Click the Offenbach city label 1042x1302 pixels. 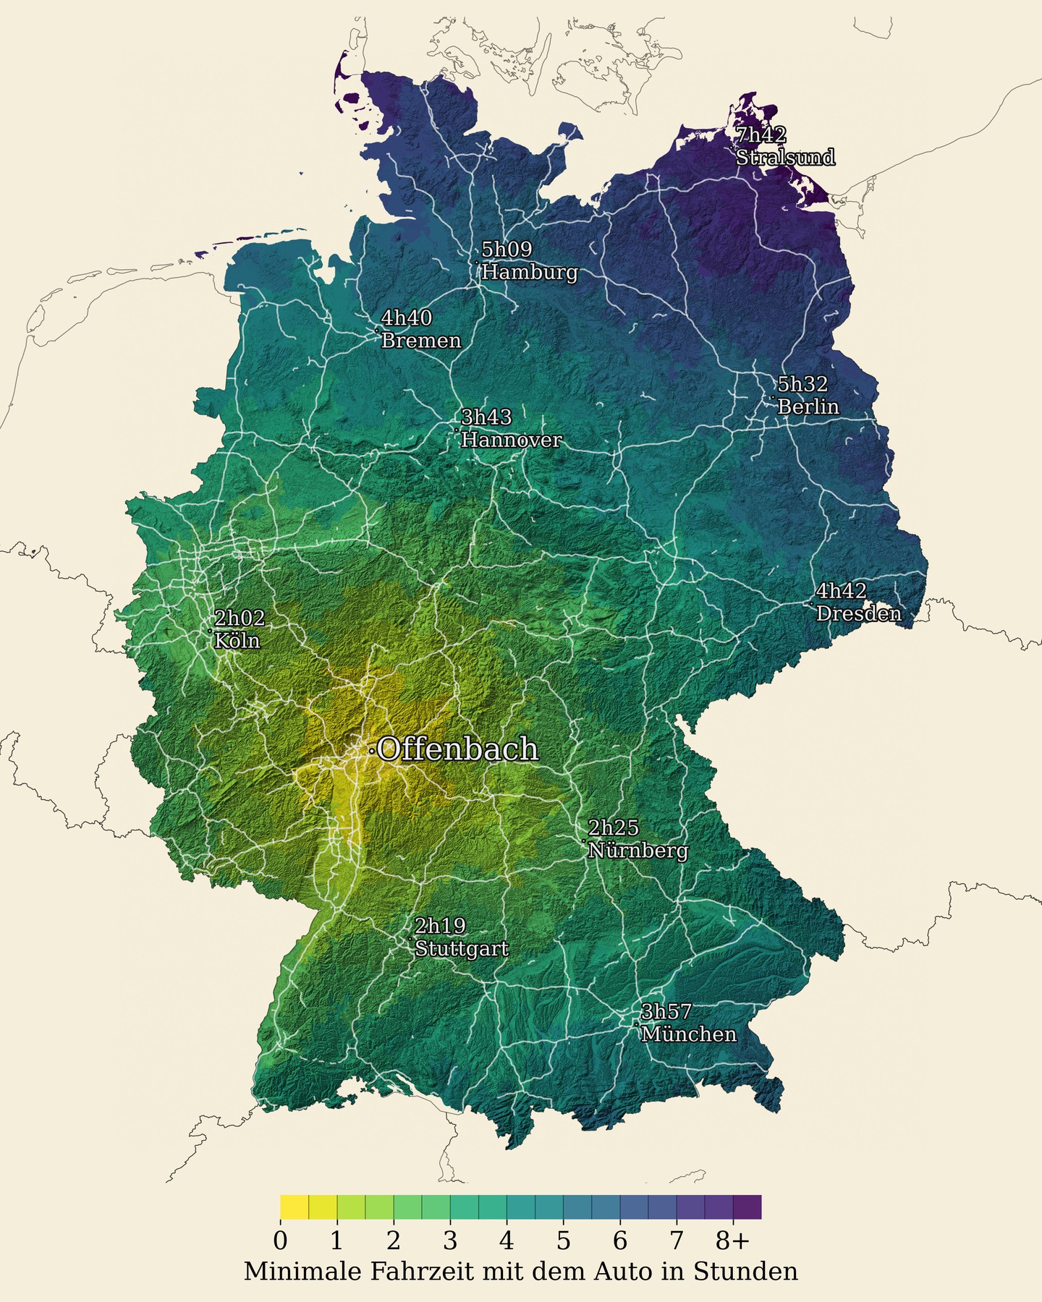457,749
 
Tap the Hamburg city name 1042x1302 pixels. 529,272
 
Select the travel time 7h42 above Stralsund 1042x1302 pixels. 761,135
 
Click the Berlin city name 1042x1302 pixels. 808,407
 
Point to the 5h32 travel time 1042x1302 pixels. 802,384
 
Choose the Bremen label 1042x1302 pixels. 420,340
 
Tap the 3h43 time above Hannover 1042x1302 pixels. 486,417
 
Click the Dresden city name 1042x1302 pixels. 858,613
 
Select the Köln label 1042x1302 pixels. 237,641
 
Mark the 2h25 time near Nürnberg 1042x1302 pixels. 613,827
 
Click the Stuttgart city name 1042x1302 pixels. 461,948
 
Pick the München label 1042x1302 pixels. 688,1034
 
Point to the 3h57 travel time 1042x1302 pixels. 666,1011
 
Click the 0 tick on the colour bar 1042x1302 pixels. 280,1241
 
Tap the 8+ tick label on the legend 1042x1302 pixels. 732,1241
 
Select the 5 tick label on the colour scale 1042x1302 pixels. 563,1241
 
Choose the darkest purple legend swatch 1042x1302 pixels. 747,1207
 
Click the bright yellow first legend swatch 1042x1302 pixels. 295,1207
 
